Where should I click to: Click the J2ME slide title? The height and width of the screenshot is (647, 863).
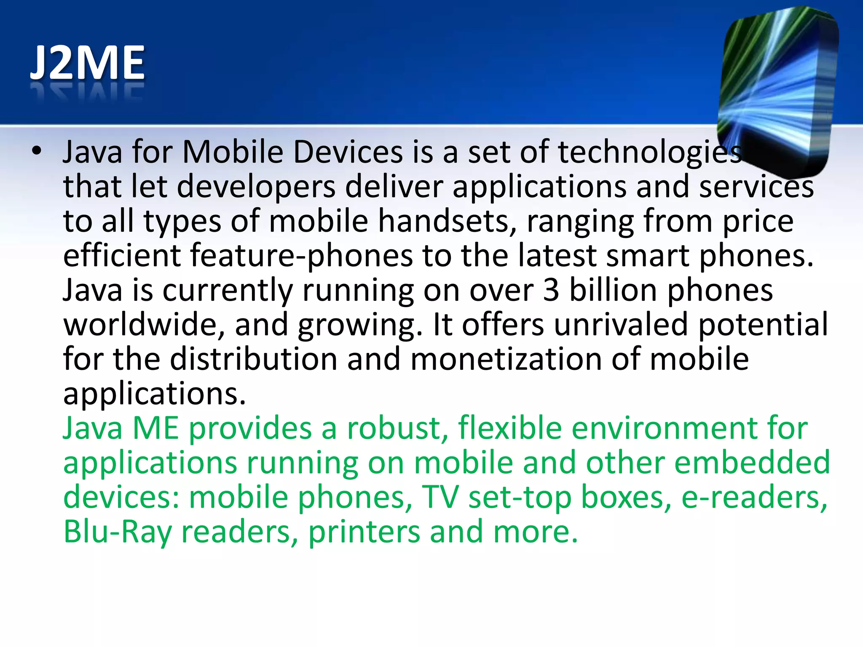pos(87,63)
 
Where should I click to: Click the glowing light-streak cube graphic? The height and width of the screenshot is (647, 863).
pos(777,91)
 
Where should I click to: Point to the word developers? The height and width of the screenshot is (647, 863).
pos(256,187)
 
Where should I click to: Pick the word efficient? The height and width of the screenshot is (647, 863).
pos(122,256)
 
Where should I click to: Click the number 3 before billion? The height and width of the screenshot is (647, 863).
pos(551,290)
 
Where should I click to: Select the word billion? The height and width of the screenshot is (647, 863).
pos(614,290)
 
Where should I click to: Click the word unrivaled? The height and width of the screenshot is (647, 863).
pos(621,325)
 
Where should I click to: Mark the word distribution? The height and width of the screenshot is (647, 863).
pos(254,359)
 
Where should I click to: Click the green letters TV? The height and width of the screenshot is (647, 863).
pos(440,497)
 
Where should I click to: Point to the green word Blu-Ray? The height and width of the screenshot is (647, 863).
pos(117,532)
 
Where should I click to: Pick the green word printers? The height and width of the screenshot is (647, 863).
pos(364,532)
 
